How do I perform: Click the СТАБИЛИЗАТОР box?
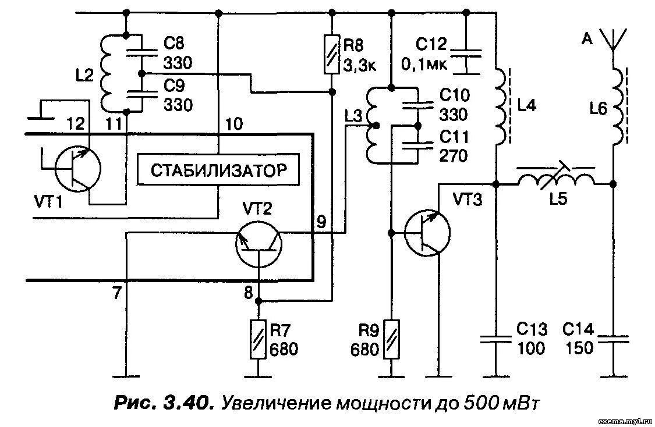tap(218, 171)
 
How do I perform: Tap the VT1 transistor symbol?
tap(77, 169)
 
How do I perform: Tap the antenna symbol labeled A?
tap(612, 40)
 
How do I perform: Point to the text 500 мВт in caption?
tap(501, 403)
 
